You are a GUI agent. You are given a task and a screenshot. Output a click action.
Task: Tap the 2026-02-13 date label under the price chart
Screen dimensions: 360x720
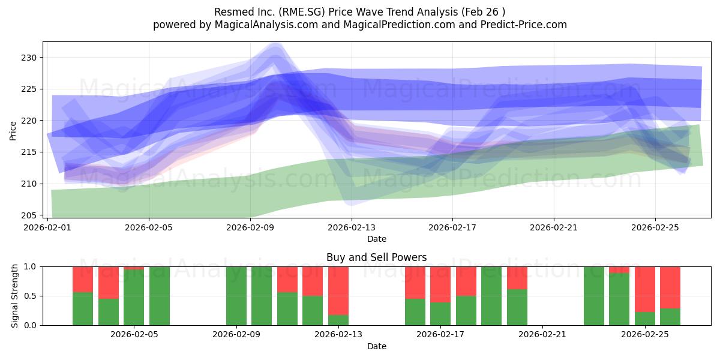(x=352, y=228)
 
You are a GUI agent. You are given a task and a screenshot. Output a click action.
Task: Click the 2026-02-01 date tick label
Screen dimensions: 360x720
(x=48, y=228)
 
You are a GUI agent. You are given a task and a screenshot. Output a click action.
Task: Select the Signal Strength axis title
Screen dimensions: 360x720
(x=14, y=296)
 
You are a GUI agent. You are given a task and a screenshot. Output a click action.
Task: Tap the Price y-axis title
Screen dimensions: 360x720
(x=13, y=130)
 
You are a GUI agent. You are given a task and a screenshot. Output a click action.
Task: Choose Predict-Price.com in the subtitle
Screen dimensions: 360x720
(x=528, y=25)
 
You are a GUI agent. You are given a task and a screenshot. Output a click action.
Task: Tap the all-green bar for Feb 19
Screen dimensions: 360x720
(x=491, y=296)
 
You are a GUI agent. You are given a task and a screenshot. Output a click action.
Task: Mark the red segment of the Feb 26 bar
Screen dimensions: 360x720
(x=670, y=287)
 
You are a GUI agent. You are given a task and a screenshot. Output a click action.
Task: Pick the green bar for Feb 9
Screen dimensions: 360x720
(x=236, y=296)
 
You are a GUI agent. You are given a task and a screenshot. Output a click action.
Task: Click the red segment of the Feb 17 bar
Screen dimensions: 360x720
(x=440, y=284)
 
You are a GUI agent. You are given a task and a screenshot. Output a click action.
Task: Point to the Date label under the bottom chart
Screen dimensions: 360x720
(x=376, y=346)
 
